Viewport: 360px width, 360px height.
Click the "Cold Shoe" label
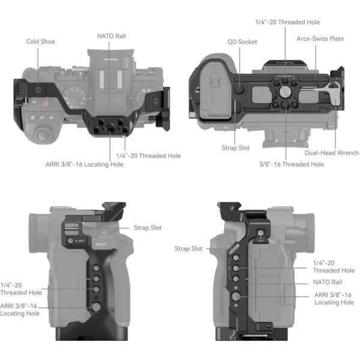coord(40,42)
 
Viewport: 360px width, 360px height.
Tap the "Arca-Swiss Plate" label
coord(320,38)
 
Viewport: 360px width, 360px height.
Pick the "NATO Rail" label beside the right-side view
coord(328,281)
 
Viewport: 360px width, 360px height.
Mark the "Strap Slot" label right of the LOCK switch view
coord(148,228)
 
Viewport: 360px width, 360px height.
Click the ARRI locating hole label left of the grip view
coord(20,309)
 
